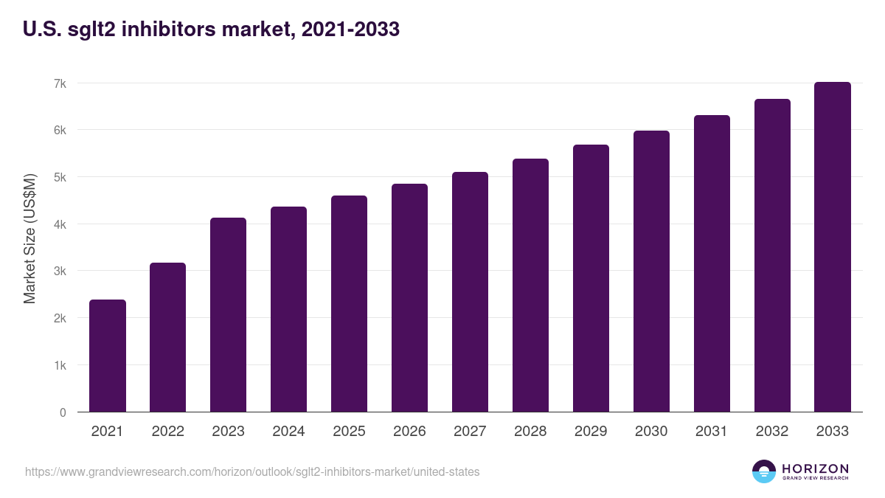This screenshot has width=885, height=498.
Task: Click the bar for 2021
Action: [x=108, y=356]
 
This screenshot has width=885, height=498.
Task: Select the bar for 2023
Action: [x=228, y=315]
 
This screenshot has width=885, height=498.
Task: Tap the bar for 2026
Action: [x=409, y=298]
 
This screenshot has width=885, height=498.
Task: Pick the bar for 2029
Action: [x=591, y=278]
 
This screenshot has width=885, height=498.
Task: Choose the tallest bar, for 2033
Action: [x=833, y=247]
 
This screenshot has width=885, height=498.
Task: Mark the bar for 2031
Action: [x=712, y=263]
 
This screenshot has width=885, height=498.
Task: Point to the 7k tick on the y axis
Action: [x=60, y=83]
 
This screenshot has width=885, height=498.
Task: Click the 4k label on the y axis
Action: [x=60, y=224]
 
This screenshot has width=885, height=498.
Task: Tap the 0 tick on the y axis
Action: [x=63, y=412]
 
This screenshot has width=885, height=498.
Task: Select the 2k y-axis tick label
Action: [x=60, y=319]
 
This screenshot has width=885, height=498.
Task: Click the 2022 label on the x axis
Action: [x=167, y=432]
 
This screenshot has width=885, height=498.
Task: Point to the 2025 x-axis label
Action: [x=349, y=432]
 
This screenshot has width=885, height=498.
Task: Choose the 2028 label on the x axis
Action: [x=530, y=432]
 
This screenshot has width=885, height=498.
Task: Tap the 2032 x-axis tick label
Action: [x=772, y=432]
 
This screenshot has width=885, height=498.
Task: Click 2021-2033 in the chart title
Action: [x=351, y=30]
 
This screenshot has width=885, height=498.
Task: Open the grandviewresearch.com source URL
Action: [x=252, y=471]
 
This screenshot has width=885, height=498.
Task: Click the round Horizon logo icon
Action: [x=764, y=471]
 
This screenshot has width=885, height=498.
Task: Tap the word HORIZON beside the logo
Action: [x=815, y=468]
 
